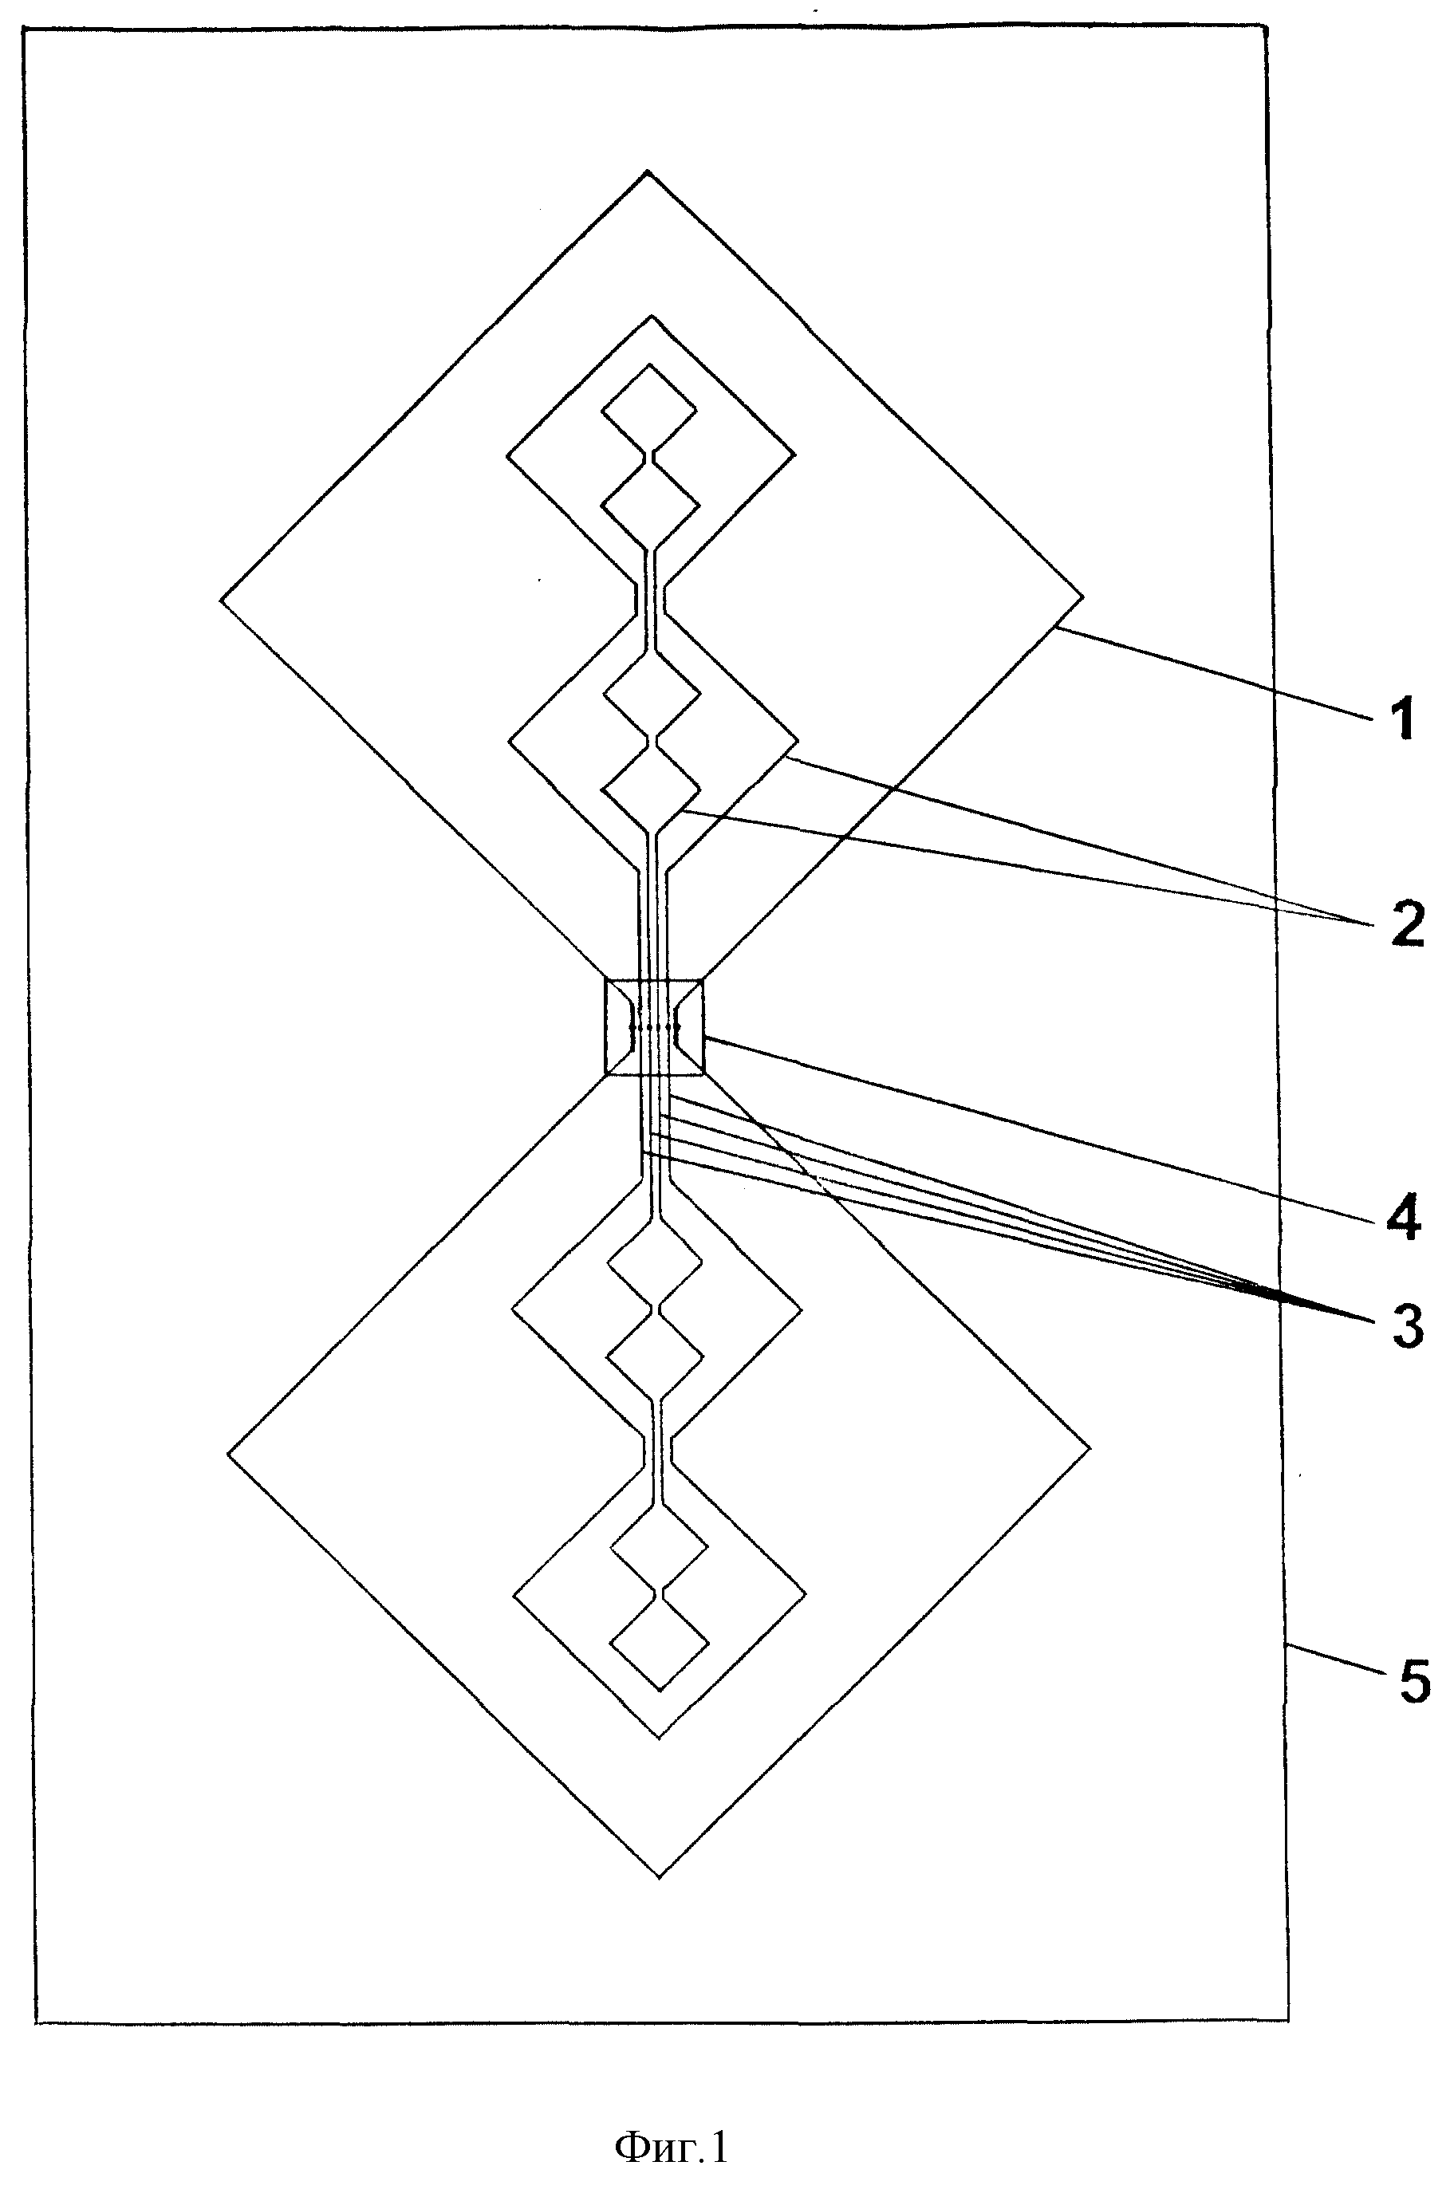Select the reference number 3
click(x=1408, y=1328)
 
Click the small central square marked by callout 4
click(x=655, y=1026)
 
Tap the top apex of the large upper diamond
click(x=648, y=171)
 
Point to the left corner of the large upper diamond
click(x=221, y=600)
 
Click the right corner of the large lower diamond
click(x=1090, y=1447)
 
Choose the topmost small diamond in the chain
click(x=649, y=408)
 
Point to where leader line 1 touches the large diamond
click(x=1055, y=628)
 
